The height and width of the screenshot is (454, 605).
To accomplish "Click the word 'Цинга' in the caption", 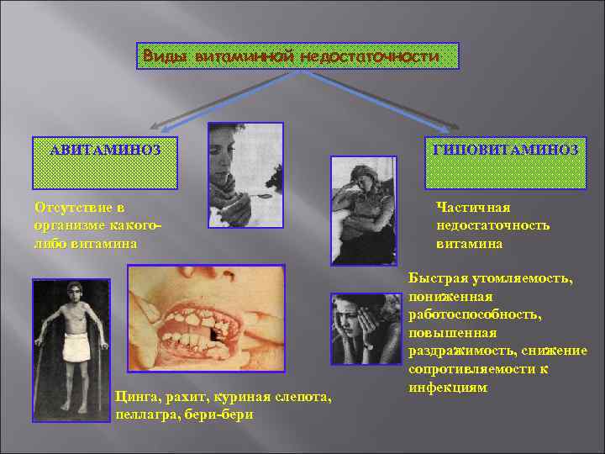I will click(135, 398).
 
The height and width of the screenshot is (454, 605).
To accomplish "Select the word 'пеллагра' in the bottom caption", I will click(143, 415).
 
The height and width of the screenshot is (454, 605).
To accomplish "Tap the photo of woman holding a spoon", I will click(245, 175).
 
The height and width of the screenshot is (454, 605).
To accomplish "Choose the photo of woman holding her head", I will click(365, 328).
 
